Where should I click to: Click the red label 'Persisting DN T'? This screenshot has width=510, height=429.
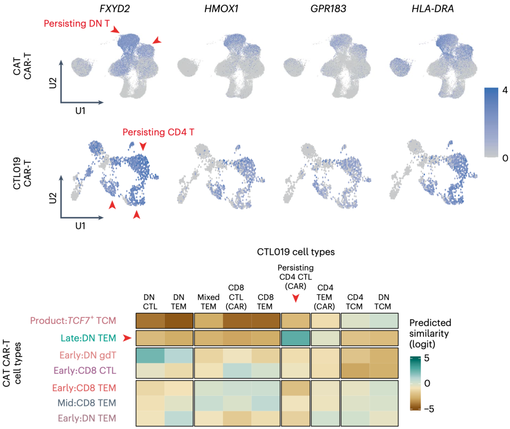pos(76,23)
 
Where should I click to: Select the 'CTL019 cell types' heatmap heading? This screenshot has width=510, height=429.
pos(296,252)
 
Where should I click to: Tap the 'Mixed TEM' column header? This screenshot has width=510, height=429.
pos(208,301)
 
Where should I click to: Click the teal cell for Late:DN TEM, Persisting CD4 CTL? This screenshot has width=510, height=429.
pos(296,338)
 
